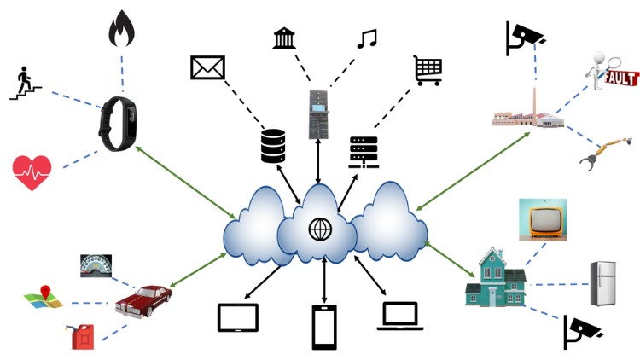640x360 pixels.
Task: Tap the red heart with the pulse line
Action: coord(32,171)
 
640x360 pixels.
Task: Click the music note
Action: coord(367,38)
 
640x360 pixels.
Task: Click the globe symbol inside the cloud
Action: coord(319,229)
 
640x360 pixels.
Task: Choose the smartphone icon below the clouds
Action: coord(323,326)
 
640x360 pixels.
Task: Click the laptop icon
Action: coord(399,316)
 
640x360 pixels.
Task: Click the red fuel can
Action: coord(84,334)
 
